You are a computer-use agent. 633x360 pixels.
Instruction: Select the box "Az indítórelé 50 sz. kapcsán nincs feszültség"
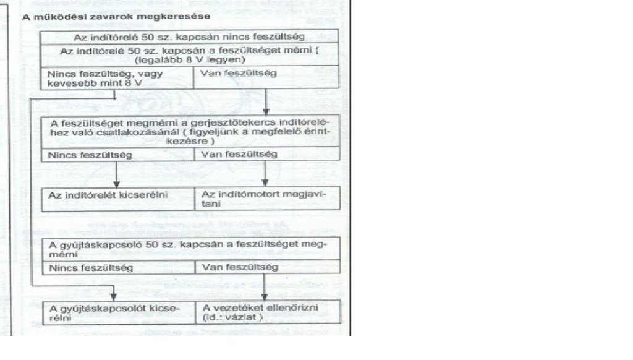coord(191,36)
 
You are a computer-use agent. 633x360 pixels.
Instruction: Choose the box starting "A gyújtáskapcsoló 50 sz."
coord(191,248)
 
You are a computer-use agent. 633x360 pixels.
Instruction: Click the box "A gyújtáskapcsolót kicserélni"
coord(117,311)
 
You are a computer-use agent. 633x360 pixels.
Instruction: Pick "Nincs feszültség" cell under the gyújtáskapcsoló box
coord(117,268)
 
